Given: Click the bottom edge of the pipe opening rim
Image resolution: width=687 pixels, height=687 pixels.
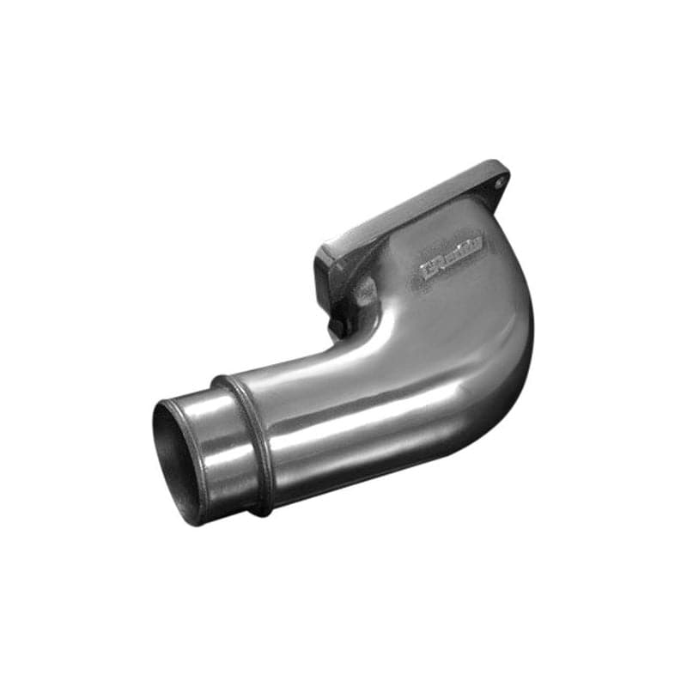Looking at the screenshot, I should pyautogui.click(x=194, y=520).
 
